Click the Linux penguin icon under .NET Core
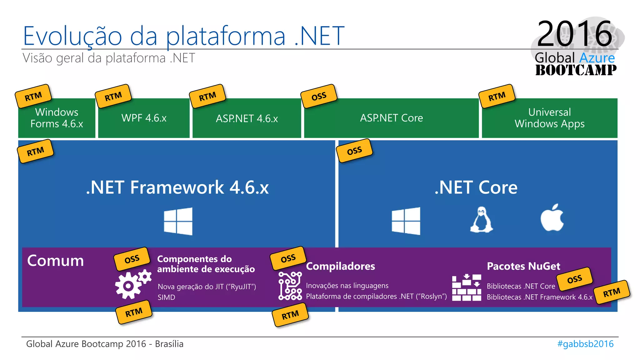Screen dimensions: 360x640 [x=481, y=220]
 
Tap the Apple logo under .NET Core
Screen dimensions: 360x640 [x=552, y=218]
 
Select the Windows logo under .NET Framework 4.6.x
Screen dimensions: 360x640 [x=178, y=221]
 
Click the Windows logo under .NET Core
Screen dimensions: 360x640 [x=406, y=221]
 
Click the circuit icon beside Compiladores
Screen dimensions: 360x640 [x=290, y=286]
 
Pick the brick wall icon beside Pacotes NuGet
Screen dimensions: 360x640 [x=466, y=287]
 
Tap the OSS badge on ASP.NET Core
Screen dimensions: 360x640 [x=319, y=96]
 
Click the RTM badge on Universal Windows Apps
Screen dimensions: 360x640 [x=497, y=96]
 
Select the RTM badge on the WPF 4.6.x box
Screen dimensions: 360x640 [x=113, y=96]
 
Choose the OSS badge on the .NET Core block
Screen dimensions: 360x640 [x=354, y=151]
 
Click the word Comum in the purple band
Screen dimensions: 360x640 [x=56, y=261]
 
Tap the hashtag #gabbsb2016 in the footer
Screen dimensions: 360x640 [x=585, y=344]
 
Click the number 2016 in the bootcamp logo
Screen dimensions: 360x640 [x=574, y=33]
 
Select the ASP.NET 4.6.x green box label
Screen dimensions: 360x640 [x=247, y=118]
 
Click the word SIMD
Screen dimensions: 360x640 [x=166, y=297]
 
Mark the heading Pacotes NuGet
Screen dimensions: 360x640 [x=523, y=266]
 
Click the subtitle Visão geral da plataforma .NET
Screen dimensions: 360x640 [x=109, y=58]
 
